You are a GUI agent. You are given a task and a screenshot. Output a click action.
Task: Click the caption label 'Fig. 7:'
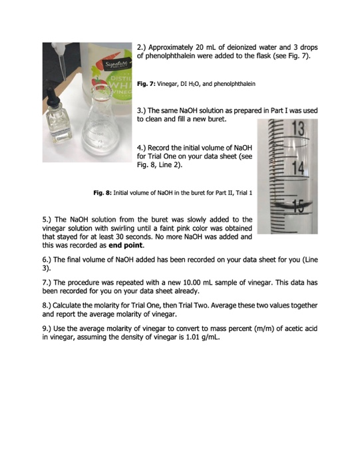pos(146,85)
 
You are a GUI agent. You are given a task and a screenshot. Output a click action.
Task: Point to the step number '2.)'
pos(142,49)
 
